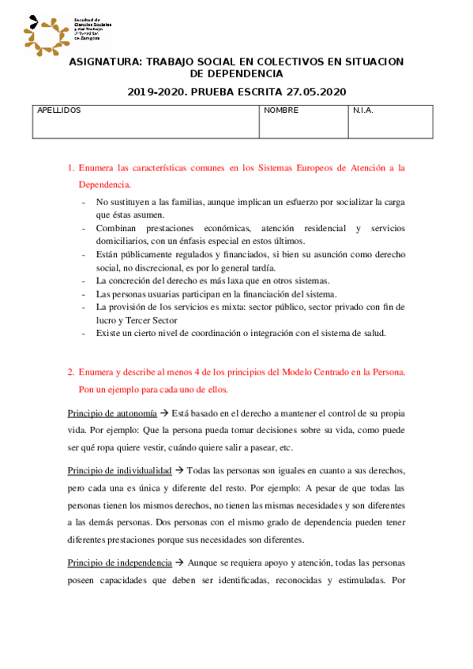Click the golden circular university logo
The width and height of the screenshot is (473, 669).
click(x=46, y=34)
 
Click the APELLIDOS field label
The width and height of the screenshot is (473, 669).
click(x=59, y=110)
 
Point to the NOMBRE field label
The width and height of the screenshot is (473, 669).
click(x=281, y=110)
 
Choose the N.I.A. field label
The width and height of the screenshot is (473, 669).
click(x=363, y=110)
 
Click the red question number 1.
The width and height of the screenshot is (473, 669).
click(x=70, y=168)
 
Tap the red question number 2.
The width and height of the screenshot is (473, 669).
click(x=70, y=372)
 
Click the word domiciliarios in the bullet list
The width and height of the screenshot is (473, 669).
click(x=126, y=241)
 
